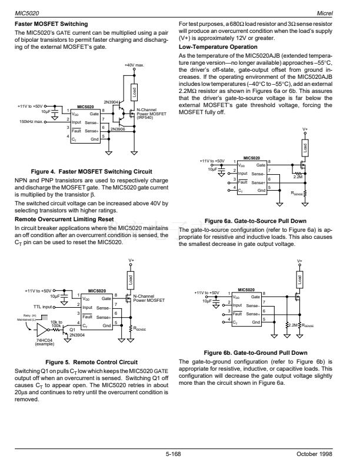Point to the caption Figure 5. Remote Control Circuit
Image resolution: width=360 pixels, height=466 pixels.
(95, 361)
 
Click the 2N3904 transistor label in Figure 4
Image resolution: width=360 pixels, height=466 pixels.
(111, 102)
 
